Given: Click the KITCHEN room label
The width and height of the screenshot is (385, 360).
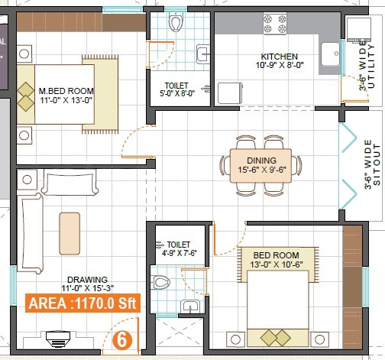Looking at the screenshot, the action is coord(279,57).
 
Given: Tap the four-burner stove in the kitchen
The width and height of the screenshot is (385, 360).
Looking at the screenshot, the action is coord(275,24).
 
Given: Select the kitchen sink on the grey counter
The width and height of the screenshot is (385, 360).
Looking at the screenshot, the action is coord(330,54).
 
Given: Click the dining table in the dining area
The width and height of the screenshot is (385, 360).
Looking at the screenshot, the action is coord(260,166).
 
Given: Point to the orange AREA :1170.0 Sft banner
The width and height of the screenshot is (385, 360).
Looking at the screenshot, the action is coord(82,303).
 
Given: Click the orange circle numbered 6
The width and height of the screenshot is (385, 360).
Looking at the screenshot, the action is coord(122,340).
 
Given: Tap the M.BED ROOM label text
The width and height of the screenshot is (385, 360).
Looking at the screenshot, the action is coord(66,91).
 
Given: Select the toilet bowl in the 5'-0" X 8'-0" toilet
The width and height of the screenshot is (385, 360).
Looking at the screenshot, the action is coord(176,22).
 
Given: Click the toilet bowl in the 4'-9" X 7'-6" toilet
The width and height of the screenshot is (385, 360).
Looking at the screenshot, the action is coord(160,282).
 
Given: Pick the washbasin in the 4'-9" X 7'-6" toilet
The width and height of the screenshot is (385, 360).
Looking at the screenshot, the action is coord(190,306).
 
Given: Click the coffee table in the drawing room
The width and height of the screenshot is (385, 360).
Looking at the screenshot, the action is coord(70,234).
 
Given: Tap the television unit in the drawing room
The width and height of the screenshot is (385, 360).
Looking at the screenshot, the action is coord(58,339).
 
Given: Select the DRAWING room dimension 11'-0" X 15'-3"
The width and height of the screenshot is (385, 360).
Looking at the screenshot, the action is coord(87,288).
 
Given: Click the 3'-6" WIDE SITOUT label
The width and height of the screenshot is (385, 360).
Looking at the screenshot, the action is coord(372,164).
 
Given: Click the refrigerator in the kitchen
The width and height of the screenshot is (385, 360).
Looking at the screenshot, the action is coord(230,93).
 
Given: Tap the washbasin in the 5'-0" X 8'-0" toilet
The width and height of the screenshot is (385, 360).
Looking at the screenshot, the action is coord(202,54).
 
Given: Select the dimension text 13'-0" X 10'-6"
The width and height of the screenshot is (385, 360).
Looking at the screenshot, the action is coord(277,264).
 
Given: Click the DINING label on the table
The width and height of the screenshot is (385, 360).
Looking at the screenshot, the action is coord(261,161).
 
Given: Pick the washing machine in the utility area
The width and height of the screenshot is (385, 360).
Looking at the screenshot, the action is coord(358,29).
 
